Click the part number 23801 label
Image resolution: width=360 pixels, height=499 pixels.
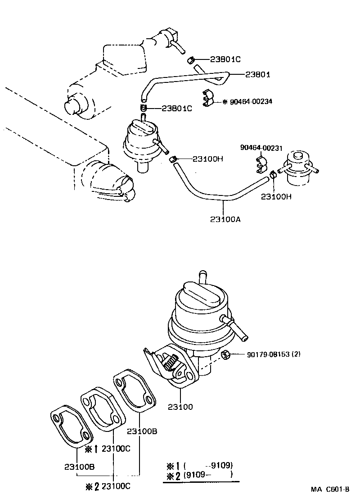(257, 75)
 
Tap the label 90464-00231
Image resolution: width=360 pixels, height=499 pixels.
(261, 147)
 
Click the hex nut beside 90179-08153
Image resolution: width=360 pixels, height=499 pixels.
(227, 354)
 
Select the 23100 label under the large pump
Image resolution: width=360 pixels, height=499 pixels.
(180, 407)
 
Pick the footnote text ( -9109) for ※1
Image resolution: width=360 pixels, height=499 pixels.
(210, 466)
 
